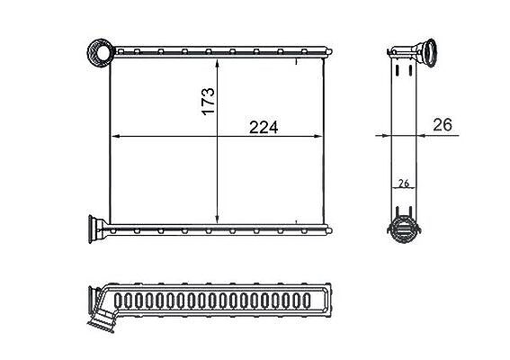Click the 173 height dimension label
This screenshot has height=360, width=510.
coord(208,101)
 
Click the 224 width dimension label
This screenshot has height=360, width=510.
coord(264,128)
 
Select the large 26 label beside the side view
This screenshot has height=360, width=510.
coord(443,125)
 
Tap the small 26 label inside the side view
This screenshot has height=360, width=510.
coord(404,184)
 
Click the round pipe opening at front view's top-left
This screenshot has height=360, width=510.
coord(101,52)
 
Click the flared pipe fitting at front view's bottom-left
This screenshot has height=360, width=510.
coord(97,229)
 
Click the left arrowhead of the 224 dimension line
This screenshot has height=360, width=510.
coord(116,137)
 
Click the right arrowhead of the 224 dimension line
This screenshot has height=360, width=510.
coord(318,137)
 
